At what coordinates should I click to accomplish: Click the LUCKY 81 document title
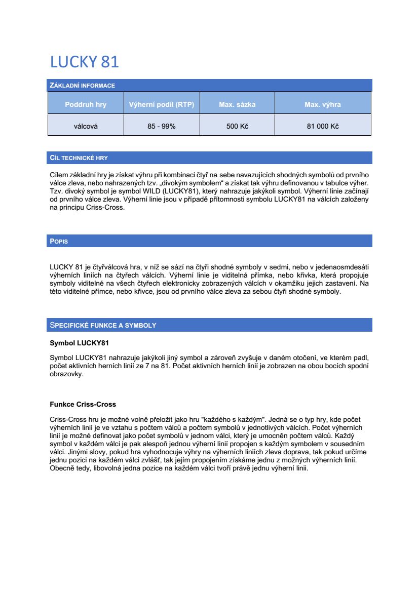click(84, 62)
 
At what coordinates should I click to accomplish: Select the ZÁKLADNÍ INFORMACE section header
click(82, 86)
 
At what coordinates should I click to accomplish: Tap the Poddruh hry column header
click(86, 105)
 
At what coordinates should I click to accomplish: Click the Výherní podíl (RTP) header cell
click(162, 105)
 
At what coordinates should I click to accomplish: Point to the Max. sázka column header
click(237, 105)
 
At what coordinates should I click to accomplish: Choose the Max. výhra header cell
click(322, 105)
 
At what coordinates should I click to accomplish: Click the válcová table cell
click(86, 126)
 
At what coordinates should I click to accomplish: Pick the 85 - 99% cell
click(162, 126)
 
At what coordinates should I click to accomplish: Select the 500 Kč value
click(237, 126)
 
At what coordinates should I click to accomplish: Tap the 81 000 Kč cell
click(322, 126)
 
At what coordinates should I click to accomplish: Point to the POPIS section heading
click(59, 241)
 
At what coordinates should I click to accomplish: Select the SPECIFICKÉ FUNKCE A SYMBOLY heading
click(102, 325)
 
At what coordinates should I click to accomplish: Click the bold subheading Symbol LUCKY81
click(79, 343)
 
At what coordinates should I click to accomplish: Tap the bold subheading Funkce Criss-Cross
click(83, 404)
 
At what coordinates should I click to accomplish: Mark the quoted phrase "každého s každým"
click(233, 420)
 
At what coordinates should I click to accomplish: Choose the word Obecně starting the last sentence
click(62, 468)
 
